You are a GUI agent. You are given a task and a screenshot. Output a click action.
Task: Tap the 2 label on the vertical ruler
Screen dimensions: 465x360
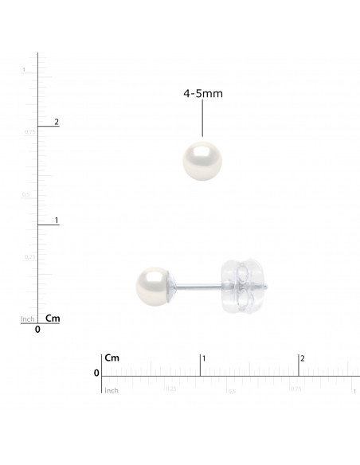tap(56, 122)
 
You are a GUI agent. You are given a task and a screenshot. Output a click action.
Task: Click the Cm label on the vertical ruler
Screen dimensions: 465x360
tap(53, 318)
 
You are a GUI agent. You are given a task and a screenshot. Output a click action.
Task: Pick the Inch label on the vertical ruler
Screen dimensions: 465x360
tap(27, 319)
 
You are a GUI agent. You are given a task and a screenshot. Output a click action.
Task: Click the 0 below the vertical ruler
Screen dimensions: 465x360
tap(37, 330)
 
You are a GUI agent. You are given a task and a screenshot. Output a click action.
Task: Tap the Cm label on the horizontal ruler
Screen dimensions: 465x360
tap(112, 359)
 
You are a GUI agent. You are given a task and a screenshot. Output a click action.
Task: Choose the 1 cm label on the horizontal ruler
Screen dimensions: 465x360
tap(204, 359)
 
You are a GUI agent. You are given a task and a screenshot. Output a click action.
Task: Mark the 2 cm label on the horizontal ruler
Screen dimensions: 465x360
tap(301, 359)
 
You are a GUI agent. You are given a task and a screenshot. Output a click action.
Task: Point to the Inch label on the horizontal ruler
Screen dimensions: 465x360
tap(112, 390)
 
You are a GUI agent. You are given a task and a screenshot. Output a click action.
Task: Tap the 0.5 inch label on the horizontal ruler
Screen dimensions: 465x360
tap(233, 390)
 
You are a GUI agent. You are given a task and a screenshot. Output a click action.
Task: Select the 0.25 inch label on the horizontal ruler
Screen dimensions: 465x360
tap(170, 389)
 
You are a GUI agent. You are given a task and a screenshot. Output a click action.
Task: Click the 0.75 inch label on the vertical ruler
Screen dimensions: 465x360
tap(28, 131)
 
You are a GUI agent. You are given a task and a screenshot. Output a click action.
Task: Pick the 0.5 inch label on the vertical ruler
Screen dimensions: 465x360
tap(25, 194)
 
